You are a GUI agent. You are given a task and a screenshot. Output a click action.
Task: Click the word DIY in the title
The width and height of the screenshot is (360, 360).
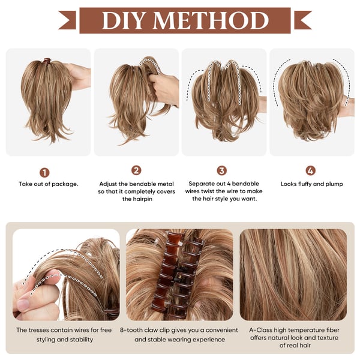coord(127,20)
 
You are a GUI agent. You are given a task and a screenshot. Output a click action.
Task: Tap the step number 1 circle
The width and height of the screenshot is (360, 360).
coord(44,172)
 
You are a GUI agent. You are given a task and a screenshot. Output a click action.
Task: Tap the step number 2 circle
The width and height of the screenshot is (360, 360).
coord(136,170)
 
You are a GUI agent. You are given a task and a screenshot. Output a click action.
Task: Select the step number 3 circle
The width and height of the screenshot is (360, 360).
coord(222,170)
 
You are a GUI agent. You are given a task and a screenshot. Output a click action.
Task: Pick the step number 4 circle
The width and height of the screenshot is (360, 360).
coord(310,170)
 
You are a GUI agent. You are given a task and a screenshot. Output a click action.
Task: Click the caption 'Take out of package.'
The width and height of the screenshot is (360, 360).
coord(48,184)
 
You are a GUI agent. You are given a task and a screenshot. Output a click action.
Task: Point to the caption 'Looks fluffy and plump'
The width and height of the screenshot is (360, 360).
coord(311,184)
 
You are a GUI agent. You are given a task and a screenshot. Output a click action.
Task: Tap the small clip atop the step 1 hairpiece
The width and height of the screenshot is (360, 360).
coord(46,61)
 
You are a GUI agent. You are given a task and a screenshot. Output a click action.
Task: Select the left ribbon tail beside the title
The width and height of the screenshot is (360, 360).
coord(67,20)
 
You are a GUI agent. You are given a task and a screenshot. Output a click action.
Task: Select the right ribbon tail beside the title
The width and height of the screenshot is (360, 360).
coord(302,20)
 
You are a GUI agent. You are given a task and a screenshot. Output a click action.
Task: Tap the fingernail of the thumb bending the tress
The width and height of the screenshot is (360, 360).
coord(23,305)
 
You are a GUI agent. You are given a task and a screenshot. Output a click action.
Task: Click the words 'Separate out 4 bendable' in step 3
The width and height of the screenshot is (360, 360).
coord(222,184)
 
